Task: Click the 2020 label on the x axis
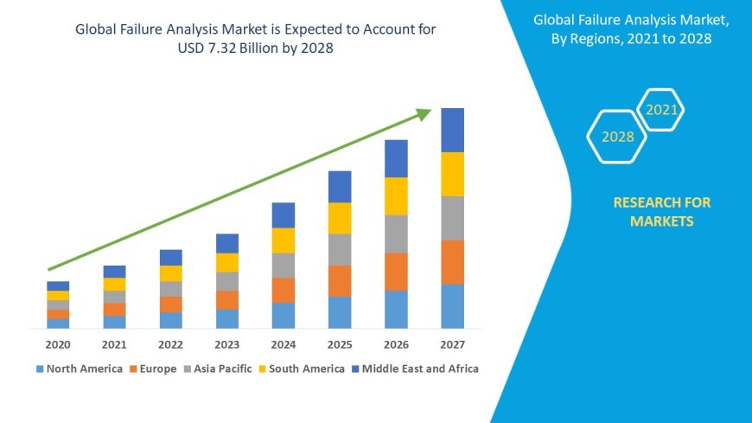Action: [58, 344]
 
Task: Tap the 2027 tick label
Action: [452, 344]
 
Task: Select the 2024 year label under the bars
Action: [284, 344]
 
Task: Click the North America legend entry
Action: [79, 369]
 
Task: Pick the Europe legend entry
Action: [153, 369]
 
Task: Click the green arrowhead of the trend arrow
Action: [423, 113]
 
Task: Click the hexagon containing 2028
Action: [616, 137]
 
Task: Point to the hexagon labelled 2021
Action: [661, 110]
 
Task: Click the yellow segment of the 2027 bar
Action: [452, 174]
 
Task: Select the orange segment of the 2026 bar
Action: [396, 272]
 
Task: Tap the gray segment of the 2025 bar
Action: [340, 249]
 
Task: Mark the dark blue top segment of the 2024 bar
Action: [284, 215]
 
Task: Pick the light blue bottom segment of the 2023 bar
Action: [227, 318]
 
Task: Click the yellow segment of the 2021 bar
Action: [114, 284]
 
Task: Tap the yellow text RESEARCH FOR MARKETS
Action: [661, 212]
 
